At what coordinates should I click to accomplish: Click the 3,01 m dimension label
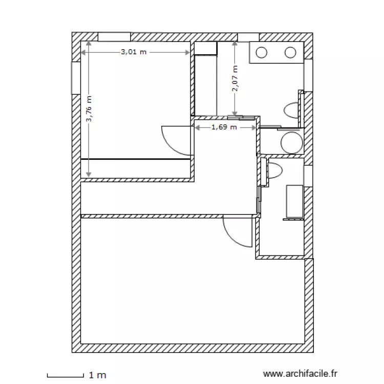tap(134, 52)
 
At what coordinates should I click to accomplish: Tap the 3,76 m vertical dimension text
tap(89, 109)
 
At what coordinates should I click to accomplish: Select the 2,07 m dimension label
tap(235, 78)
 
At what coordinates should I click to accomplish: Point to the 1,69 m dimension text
tap(224, 127)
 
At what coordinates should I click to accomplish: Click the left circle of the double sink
tap(261, 52)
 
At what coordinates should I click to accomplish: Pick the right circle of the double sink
tap(290, 52)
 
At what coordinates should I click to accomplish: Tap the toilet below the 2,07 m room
tap(291, 111)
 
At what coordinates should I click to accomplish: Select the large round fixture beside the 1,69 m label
tap(292, 143)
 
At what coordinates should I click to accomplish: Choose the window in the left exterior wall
tap(76, 78)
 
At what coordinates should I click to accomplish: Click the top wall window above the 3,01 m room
tap(114, 37)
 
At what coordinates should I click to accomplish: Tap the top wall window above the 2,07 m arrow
tap(248, 37)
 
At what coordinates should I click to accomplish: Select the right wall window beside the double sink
tap(308, 75)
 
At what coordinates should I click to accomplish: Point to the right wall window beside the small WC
tap(308, 176)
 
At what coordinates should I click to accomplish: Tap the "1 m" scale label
tap(97, 375)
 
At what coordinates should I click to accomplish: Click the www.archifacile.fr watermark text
tap(300, 374)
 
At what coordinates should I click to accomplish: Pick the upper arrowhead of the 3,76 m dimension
tap(89, 44)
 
